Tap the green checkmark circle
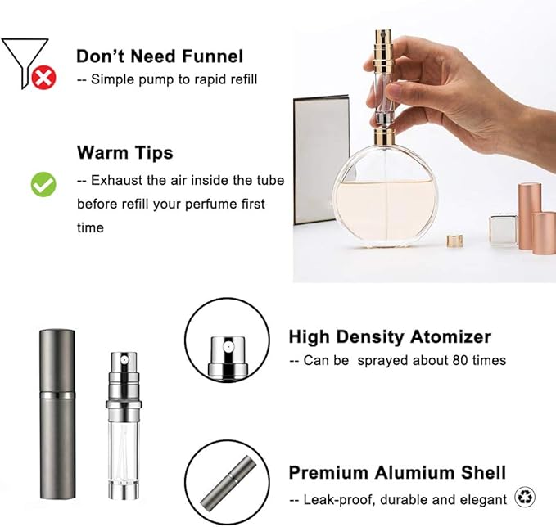tap(43, 184)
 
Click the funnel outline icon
tap(21, 58)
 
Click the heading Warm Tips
tap(124, 153)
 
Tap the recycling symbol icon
tap(525, 497)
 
